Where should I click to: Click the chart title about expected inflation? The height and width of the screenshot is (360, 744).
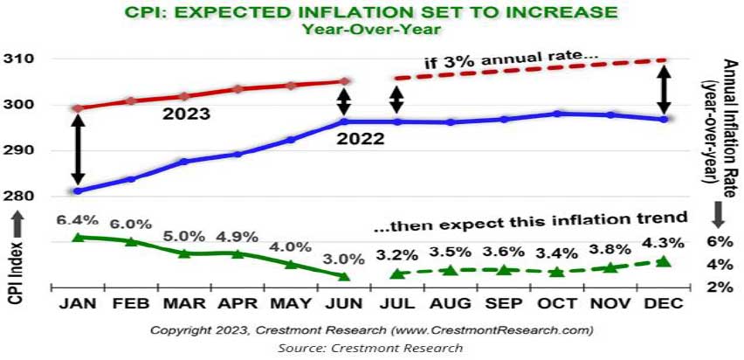[371, 11]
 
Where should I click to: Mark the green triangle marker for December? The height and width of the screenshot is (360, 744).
[663, 261]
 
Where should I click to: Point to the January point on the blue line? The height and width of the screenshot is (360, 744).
[78, 190]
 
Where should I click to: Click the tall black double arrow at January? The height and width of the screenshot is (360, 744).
[77, 150]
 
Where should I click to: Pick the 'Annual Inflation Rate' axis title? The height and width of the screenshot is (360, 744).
[719, 122]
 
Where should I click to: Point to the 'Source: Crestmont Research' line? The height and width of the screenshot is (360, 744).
[371, 347]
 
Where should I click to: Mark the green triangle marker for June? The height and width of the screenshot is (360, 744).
[344, 276]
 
